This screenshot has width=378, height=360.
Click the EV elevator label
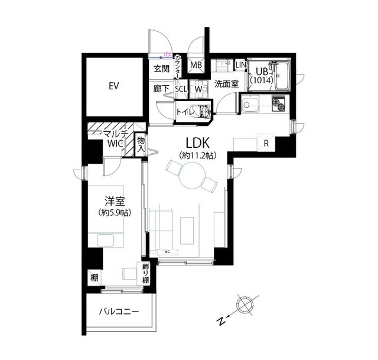tap(114, 86)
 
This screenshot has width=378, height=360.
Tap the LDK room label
tap(197, 143)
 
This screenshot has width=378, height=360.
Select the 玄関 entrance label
tap(161, 69)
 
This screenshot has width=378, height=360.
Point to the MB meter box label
tap(196, 65)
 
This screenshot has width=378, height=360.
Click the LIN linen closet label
tap(240, 64)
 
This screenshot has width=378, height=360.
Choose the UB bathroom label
tap(262, 72)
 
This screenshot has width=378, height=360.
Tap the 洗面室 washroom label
tap(227, 84)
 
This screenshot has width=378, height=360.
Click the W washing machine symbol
tap(198, 89)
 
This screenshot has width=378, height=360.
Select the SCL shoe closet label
tap(181, 89)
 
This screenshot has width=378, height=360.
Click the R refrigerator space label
tap(266, 143)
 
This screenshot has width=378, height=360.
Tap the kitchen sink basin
tap(250, 104)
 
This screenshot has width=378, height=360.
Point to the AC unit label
tap(167, 252)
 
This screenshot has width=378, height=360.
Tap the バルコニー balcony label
tap(119, 312)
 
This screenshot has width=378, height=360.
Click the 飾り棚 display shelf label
tap(145, 273)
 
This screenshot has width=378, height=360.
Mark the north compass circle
tap(246, 305)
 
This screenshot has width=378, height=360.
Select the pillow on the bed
tap(106, 241)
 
